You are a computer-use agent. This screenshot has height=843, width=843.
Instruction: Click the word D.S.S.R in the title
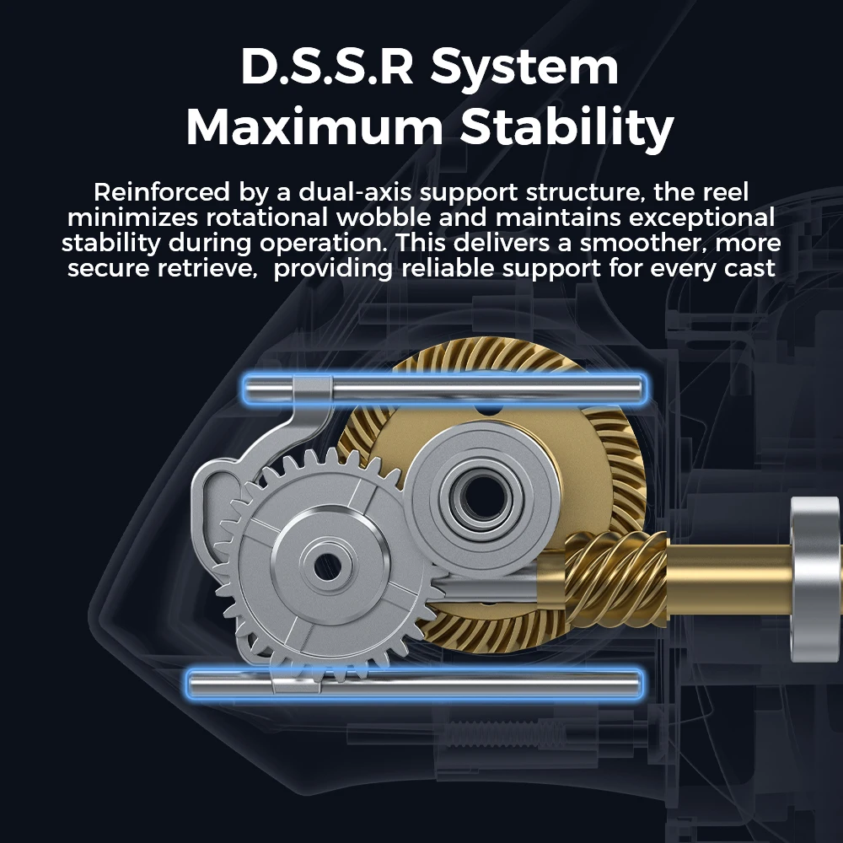pos(327,67)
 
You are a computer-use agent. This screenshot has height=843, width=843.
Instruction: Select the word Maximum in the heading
pos(314,127)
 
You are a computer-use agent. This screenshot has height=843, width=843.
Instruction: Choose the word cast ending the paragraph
pos(749,269)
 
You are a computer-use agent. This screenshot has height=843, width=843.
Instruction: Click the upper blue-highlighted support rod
pos(444,389)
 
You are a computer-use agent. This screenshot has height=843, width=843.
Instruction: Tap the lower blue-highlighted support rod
pos(415,684)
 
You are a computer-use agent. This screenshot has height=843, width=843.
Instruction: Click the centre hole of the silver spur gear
pos(327,567)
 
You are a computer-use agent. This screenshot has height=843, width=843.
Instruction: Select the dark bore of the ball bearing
pos(481,498)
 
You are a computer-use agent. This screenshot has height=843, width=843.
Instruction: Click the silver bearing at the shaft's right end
pos(814,579)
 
